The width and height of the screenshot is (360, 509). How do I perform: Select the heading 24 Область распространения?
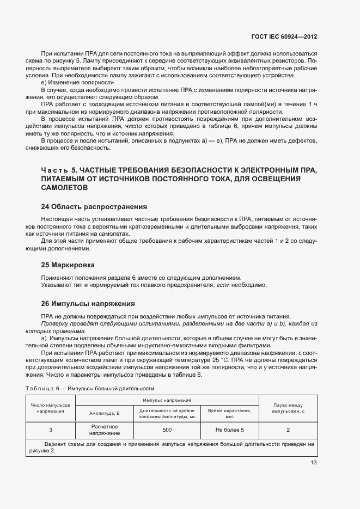pos(94,207)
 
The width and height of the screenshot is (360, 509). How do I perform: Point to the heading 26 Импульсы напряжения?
pos(88,303)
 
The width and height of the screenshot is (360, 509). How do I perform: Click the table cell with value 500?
pos(167,430)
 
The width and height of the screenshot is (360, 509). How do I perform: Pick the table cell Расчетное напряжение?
pos(105,430)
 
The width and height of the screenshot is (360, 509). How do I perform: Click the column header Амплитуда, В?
pos(105,413)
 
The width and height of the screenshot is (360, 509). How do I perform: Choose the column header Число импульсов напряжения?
pos(51,408)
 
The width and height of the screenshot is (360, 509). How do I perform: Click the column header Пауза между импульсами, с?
pos(288,408)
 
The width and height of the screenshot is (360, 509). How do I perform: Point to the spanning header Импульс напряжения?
pos(167,400)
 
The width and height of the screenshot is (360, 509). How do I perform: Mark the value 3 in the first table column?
pos(51,430)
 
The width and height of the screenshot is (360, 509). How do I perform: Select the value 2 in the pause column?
pos(288,430)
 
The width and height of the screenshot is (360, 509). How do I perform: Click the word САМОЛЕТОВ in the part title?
pos(64,187)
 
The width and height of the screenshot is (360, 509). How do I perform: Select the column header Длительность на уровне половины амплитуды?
pos(167,413)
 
